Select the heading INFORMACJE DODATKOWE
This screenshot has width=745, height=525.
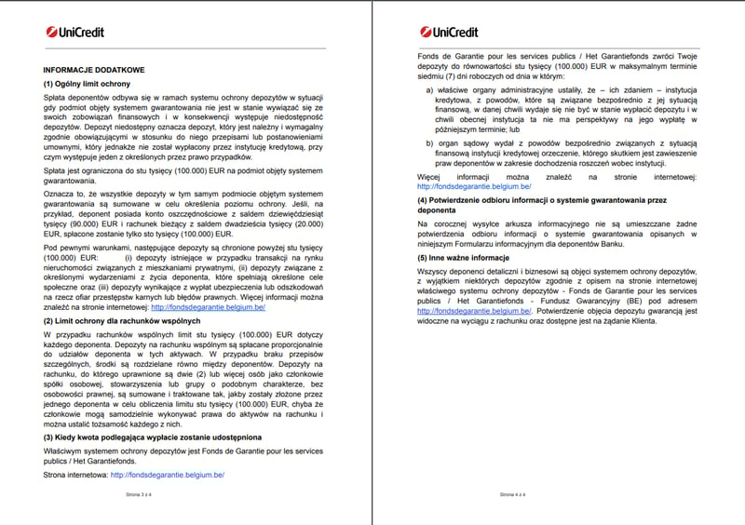coord(94,70)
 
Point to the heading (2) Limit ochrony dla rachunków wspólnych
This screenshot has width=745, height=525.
coord(122,320)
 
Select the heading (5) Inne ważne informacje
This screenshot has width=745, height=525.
coord(463,257)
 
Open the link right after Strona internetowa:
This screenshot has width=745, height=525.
coord(167,475)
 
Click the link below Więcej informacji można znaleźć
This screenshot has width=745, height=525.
coord(474,186)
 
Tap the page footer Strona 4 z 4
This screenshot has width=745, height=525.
coord(512,495)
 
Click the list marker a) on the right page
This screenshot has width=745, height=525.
coord(429,90)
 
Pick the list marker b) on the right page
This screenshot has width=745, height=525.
coord(429,142)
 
